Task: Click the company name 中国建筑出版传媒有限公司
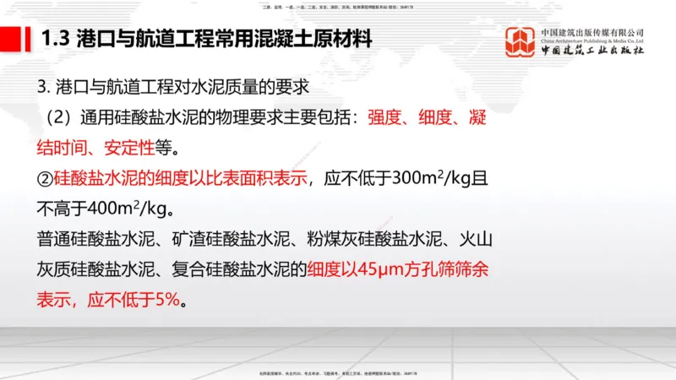click(592, 31)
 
